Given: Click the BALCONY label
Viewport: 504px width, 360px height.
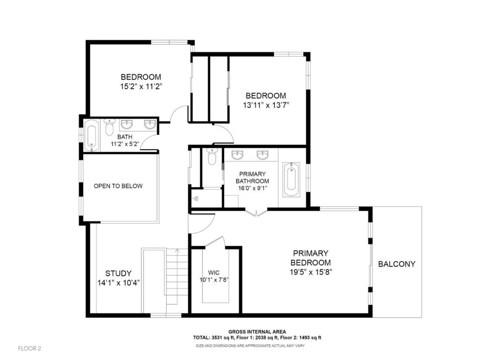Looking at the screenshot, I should (x=396, y=264).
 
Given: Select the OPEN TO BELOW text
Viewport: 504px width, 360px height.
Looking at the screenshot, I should (x=118, y=186).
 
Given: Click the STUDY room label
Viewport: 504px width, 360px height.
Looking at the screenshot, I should (x=118, y=273).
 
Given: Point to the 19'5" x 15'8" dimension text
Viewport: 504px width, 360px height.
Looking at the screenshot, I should (x=310, y=272).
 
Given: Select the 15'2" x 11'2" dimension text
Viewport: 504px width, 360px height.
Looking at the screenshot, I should (x=140, y=86).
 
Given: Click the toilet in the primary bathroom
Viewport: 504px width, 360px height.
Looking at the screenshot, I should (x=212, y=157).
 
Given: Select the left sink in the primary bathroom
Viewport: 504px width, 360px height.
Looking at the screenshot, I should (x=237, y=156).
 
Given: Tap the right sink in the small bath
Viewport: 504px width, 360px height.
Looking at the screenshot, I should (x=149, y=124).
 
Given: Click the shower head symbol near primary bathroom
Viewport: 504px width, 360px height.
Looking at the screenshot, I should (x=196, y=197).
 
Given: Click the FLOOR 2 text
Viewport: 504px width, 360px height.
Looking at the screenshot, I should (x=30, y=348).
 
